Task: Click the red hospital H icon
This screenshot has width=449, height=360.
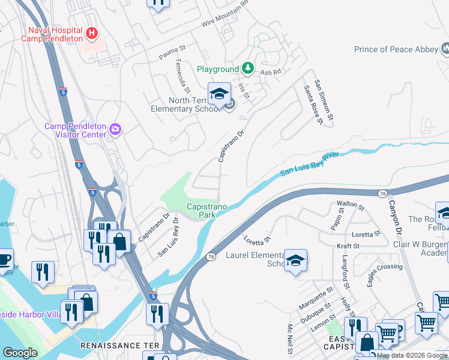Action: click(x=92, y=32)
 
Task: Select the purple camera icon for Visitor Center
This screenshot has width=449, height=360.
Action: click(x=115, y=128)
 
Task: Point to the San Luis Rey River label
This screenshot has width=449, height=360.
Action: click(x=310, y=164)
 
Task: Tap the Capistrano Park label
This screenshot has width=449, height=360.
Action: click(x=207, y=210)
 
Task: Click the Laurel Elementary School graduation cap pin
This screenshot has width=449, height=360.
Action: click(x=295, y=260)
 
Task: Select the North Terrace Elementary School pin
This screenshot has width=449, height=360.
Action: click(x=219, y=94)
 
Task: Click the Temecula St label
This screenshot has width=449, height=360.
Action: click(x=182, y=75)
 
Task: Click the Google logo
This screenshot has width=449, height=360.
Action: click(x=20, y=353)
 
